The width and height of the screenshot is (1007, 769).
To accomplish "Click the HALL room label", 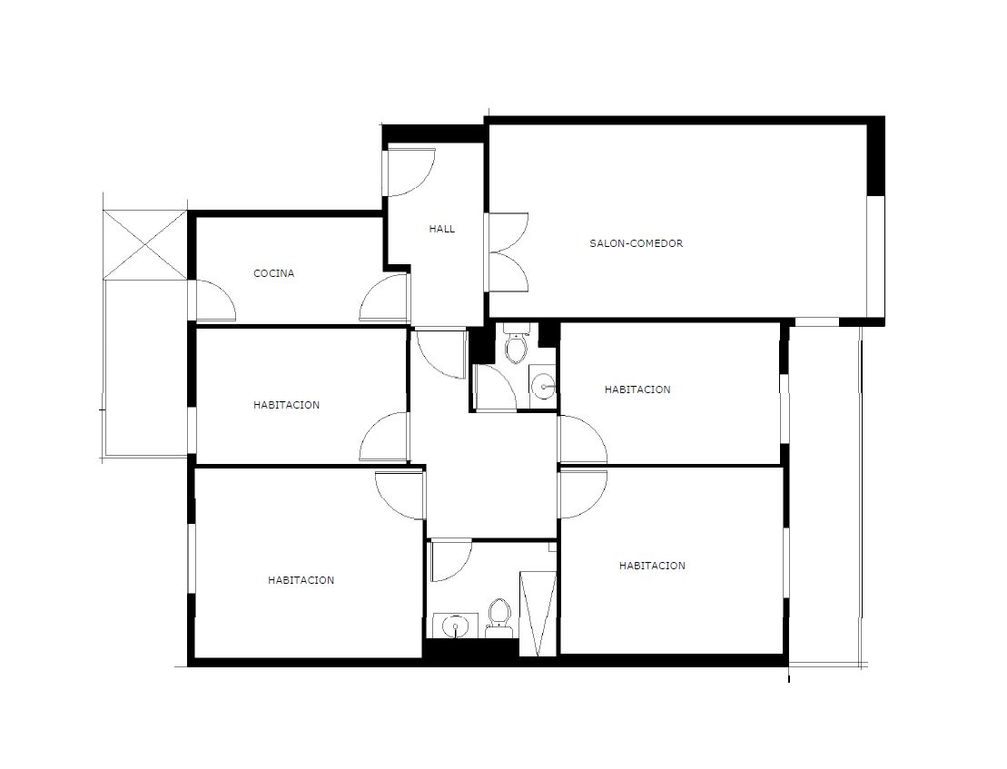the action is [442, 229].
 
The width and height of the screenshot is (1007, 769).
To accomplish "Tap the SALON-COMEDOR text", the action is [637, 243].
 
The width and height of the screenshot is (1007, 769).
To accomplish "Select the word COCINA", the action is [274, 273].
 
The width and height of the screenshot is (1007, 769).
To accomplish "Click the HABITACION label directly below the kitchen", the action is [286, 405].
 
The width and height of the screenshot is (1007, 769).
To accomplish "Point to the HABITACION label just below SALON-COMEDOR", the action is [637, 389].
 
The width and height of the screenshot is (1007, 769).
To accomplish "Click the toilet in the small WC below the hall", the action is [516, 343].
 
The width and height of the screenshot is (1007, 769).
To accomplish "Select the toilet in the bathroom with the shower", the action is [499, 618].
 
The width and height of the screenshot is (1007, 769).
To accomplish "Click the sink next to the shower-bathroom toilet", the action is [455, 626].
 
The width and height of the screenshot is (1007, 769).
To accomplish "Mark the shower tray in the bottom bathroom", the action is [538, 613].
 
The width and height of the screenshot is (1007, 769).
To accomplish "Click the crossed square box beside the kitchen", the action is [145, 244].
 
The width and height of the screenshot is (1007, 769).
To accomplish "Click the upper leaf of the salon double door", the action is [508, 232].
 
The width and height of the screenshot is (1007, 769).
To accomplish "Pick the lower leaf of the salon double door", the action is [508, 272].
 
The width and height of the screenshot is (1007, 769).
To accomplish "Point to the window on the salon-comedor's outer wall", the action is [875, 256].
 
